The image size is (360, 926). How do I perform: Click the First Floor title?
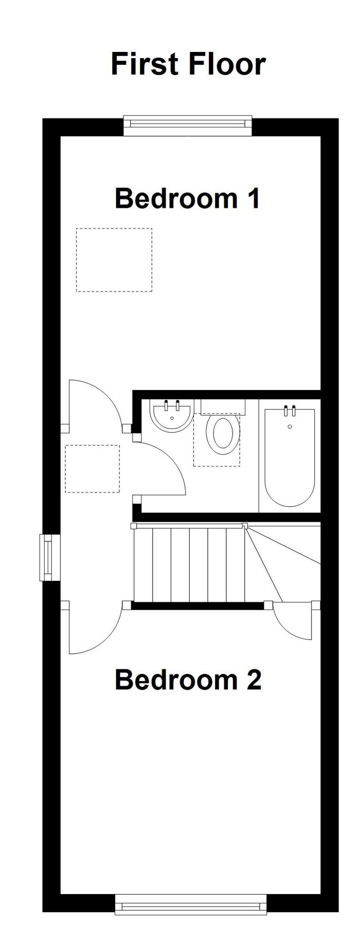pyautogui.click(x=188, y=64)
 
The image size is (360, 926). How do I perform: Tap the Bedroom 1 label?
pyautogui.click(x=187, y=199)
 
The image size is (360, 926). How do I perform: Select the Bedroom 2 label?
pyautogui.click(x=188, y=680)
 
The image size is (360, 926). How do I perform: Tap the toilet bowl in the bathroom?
pyautogui.click(x=223, y=435)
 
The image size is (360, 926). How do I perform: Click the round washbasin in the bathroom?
pyautogui.click(x=172, y=416)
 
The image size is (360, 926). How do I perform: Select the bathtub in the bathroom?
pyautogui.click(x=289, y=456)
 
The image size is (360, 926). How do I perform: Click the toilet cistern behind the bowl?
pyautogui.click(x=223, y=406)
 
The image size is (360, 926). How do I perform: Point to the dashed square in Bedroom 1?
pyautogui.click(x=114, y=260)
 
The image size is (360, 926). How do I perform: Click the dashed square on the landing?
pyautogui.click(x=93, y=469)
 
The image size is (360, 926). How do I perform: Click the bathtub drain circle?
pyautogui.click(x=290, y=427)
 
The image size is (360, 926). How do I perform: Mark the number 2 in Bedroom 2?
pyautogui.click(x=251, y=680)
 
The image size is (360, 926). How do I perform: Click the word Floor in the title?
pyautogui.click(x=227, y=64)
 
